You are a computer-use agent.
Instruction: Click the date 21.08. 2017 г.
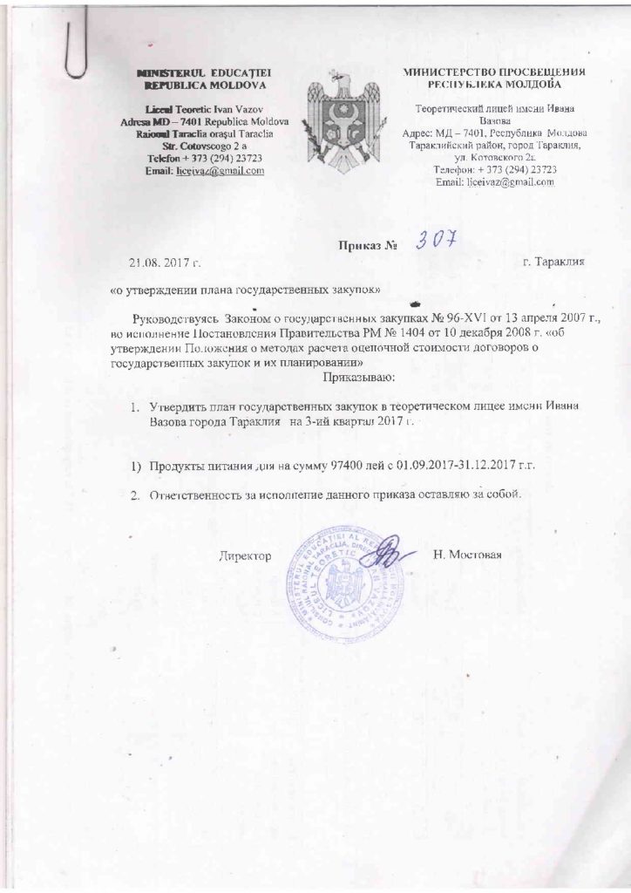(166, 260)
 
